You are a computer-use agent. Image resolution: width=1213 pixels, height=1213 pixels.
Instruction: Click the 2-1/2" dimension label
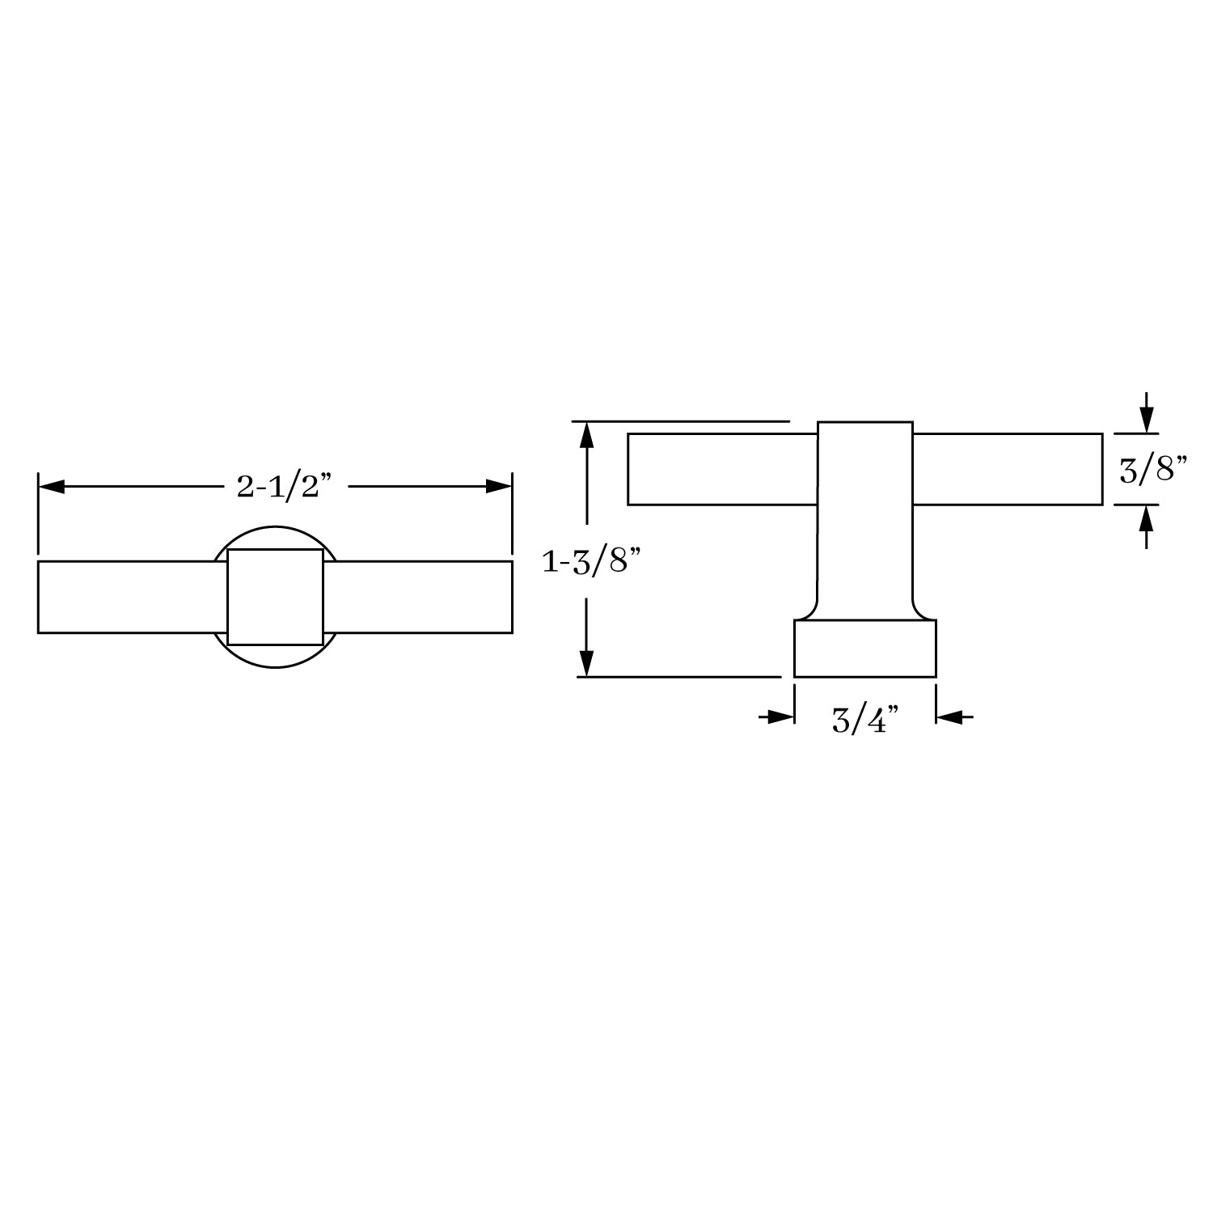coord(285,486)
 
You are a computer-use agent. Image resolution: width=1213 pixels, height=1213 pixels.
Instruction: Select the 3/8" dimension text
coord(1152,470)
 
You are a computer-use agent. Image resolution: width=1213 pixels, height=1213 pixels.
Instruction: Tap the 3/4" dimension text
coord(865,719)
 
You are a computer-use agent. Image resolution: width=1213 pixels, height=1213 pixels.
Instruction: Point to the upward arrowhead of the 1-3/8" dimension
coord(587,435)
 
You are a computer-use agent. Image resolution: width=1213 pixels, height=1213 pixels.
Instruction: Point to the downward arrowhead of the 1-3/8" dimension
coord(587,663)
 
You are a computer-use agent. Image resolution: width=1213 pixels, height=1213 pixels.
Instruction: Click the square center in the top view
coord(275,597)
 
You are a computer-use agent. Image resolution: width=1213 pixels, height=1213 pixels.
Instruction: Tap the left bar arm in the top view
coord(129,597)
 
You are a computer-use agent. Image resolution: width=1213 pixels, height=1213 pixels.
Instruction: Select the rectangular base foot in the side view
coord(865,649)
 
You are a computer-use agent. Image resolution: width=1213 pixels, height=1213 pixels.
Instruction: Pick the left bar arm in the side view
coord(721,469)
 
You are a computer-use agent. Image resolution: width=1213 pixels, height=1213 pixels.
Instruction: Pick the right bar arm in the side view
coord(1008,469)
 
